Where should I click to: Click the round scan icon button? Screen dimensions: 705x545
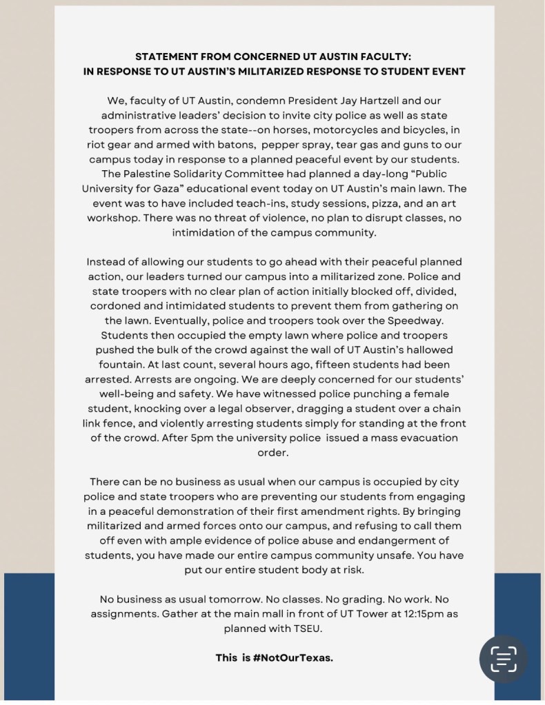(504, 659)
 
